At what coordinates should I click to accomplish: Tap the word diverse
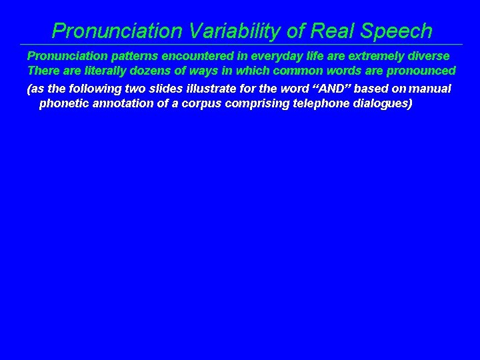click(428, 57)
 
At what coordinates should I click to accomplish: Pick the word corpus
click(193, 103)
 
